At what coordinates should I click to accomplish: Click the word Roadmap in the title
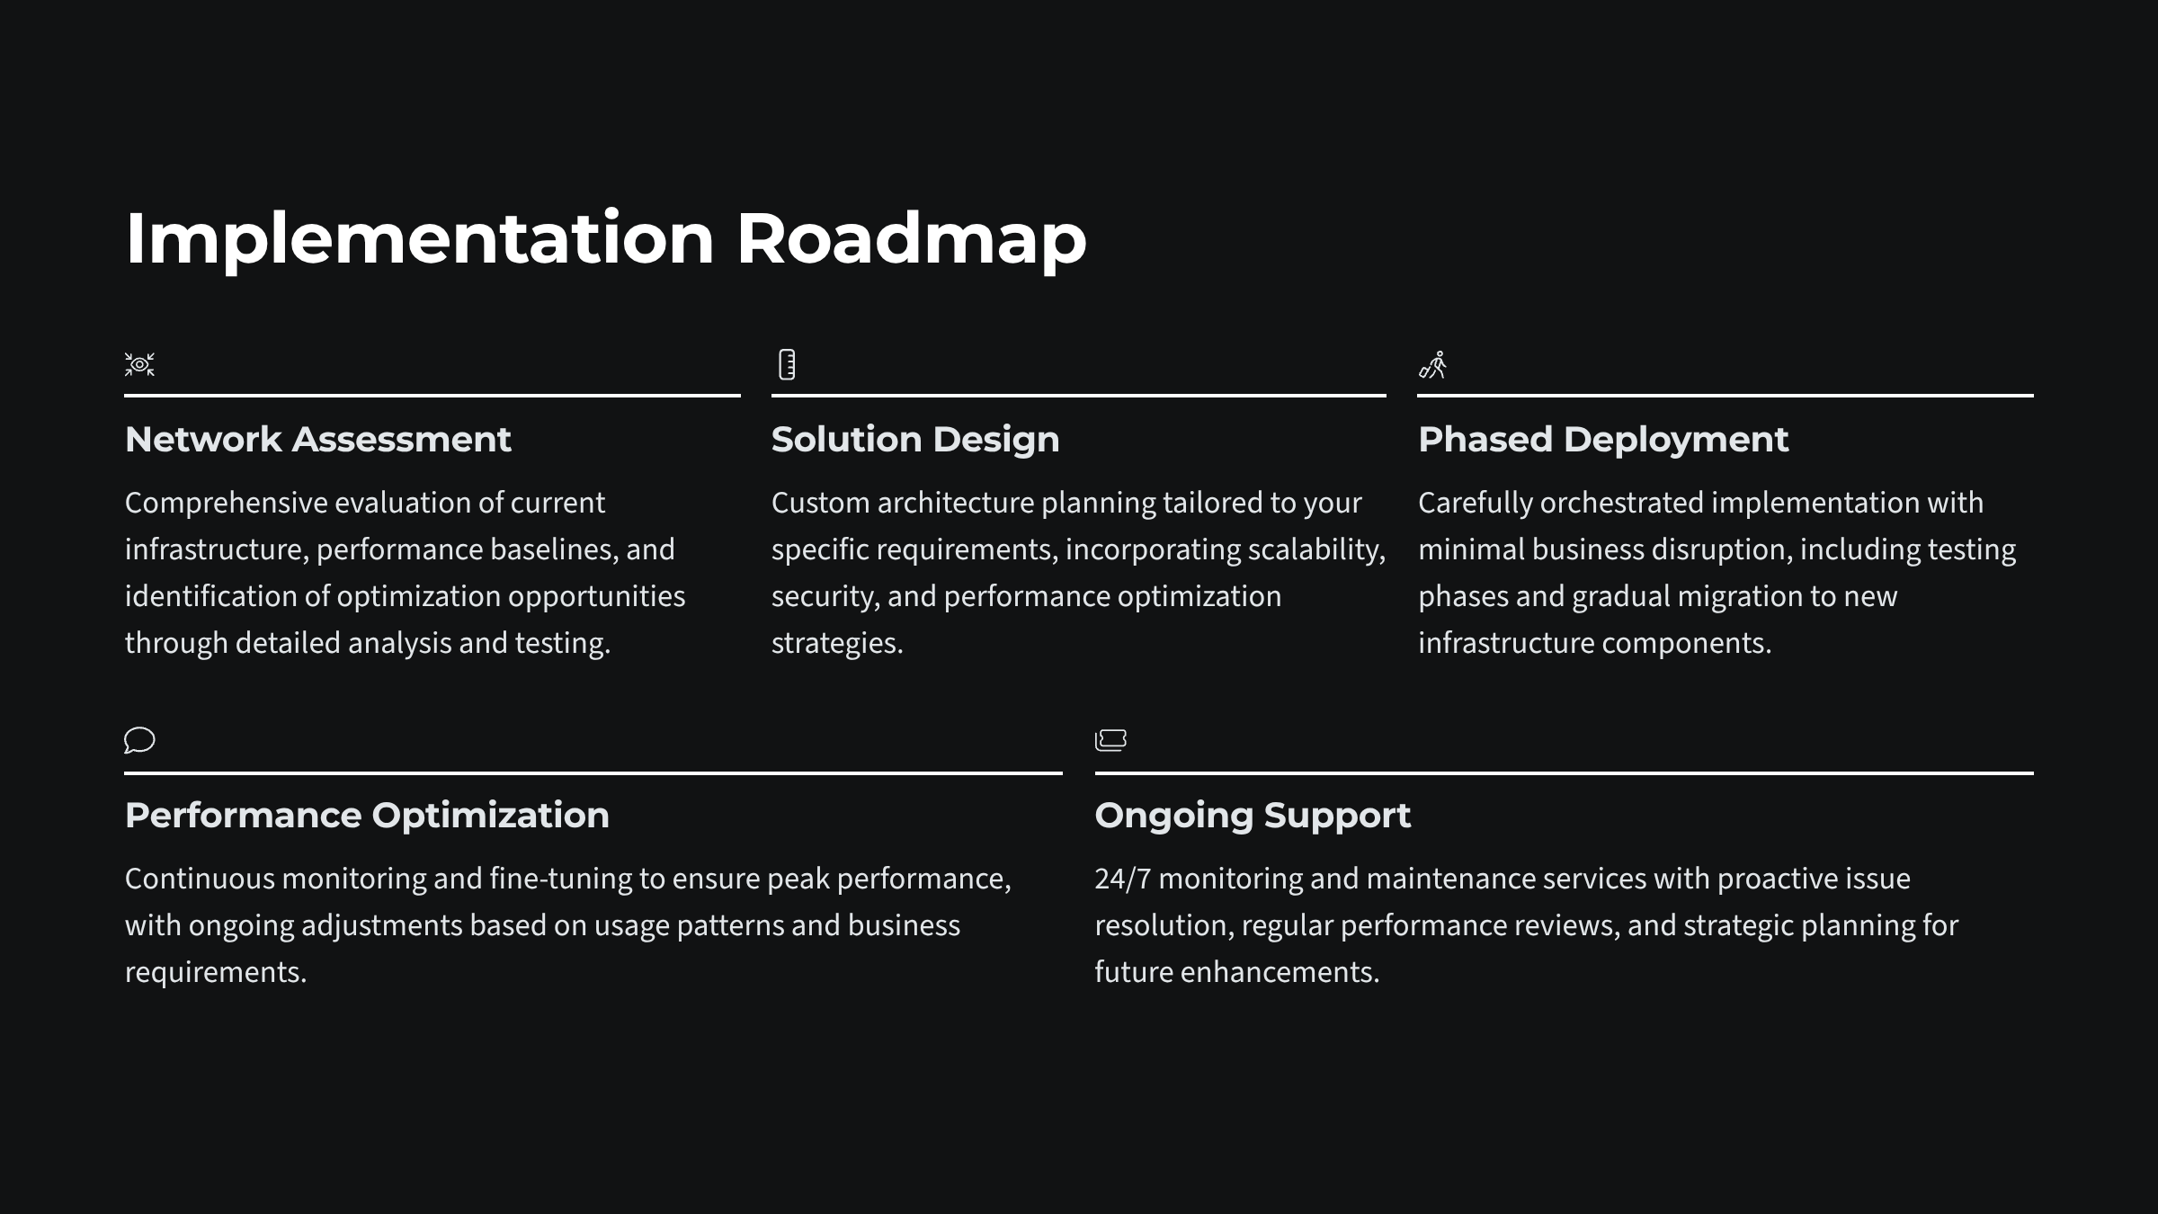pos(911,239)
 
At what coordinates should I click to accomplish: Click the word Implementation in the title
pos(419,239)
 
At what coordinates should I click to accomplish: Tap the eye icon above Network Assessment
pos(139,364)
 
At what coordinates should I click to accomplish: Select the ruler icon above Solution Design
pos(787,364)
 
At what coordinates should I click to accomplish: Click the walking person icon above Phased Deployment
pos(1432,364)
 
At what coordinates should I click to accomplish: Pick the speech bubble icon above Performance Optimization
pos(139,740)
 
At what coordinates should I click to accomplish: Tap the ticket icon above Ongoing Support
pos(1110,740)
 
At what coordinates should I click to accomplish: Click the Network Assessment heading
pos(317,440)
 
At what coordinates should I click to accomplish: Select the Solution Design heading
pos(914,440)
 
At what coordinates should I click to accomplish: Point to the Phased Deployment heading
pos(1602,440)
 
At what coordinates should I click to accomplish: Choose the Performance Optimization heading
pos(367,816)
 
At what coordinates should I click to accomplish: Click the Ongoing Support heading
pos(1252,816)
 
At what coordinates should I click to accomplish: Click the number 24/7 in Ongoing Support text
pos(1122,879)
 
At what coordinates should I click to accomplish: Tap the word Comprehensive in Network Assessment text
pos(226,504)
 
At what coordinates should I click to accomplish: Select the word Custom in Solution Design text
pos(820,503)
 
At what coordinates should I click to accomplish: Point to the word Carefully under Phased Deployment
pos(1475,504)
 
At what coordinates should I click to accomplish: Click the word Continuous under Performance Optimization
pos(200,879)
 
